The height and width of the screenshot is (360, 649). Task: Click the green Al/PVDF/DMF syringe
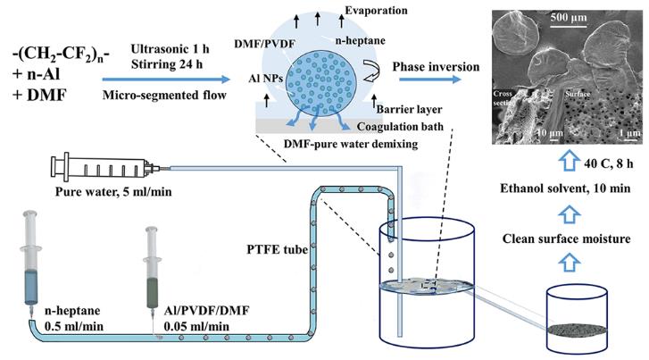pos(155,268)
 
